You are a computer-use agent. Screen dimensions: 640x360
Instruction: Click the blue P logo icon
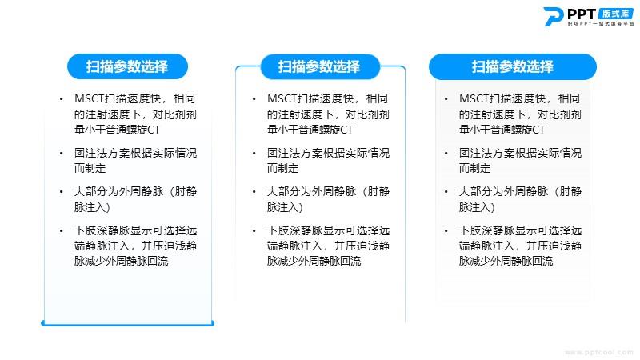click(553, 16)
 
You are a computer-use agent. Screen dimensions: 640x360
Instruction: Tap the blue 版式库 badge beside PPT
click(615, 14)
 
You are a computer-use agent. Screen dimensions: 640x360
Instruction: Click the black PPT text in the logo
click(582, 14)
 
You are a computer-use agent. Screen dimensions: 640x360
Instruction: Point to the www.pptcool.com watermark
click(598, 352)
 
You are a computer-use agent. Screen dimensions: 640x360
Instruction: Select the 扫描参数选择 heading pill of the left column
click(127, 66)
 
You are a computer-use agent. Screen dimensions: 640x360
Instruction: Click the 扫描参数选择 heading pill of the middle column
click(320, 66)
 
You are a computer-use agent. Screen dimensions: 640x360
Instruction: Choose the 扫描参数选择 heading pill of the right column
click(513, 66)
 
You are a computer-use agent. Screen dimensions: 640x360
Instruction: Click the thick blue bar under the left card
click(127, 323)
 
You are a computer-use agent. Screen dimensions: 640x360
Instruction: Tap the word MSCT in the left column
click(90, 98)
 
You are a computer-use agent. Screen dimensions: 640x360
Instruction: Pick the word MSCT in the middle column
click(282, 98)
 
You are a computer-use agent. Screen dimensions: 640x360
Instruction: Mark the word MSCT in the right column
click(474, 98)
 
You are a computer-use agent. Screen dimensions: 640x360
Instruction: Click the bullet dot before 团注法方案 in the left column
click(62, 154)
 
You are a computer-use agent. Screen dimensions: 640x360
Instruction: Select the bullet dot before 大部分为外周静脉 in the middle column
click(254, 192)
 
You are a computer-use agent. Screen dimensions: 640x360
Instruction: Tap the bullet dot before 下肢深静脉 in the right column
click(446, 230)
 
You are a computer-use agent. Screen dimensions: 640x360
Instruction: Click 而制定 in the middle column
click(282, 168)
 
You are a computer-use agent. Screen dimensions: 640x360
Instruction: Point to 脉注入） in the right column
click(477, 207)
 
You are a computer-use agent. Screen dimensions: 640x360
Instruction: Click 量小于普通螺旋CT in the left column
click(117, 130)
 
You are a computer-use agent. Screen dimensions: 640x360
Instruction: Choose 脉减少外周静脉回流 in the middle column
click(314, 261)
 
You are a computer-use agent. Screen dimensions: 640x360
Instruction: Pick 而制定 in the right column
click(474, 168)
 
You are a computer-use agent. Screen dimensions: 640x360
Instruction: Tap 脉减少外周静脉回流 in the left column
click(122, 261)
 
